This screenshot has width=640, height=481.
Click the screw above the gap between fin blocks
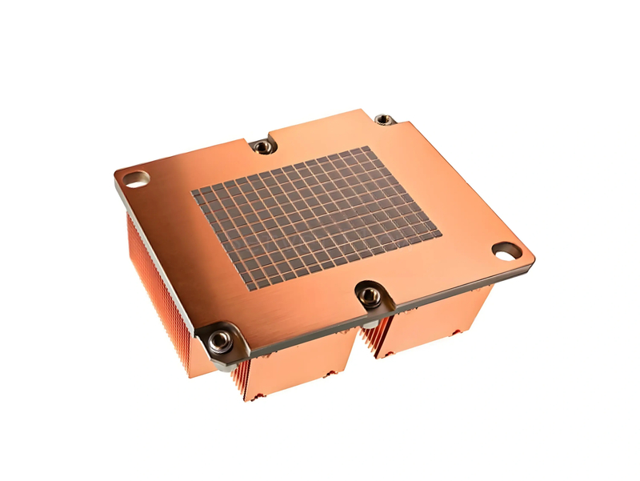pyautogui.click(x=369, y=295)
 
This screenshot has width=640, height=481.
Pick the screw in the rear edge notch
pyautogui.click(x=261, y=146)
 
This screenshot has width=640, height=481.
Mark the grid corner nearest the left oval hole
pyautogui.click(x=191, y=193)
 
